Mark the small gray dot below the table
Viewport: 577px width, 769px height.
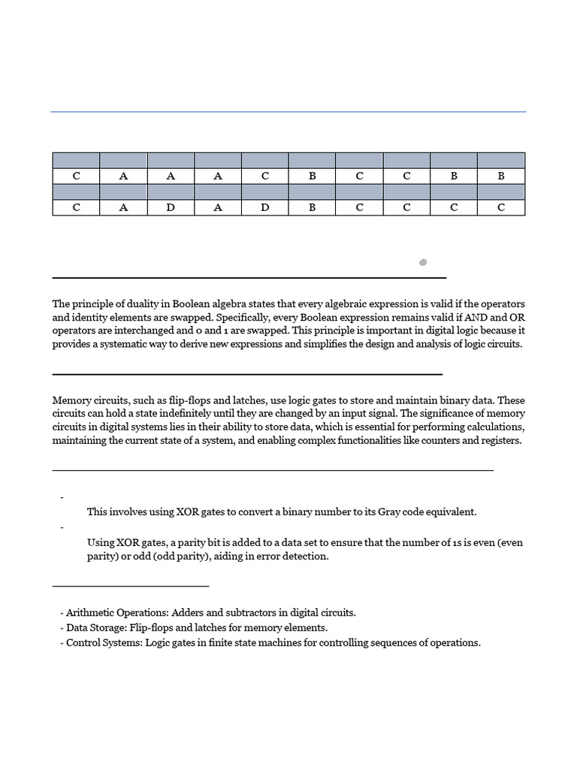(423, 262)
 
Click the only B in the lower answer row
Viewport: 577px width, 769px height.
(313, 207)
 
